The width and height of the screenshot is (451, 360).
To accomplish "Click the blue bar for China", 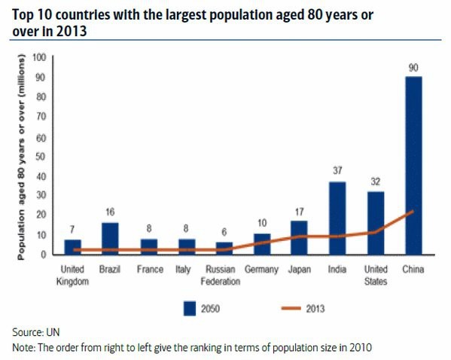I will (x=413, y=166).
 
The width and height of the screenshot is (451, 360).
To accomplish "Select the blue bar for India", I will (x=337, y=218).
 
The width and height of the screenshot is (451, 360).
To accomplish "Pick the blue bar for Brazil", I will (x=111, y=239).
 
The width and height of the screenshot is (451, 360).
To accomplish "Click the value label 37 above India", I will (x=337, y=171).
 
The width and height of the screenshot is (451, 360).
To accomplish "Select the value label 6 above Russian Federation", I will (x=224, y=233).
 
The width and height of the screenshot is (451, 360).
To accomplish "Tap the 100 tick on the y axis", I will (x=39, y=57).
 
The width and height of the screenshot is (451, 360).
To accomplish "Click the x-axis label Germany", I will (x=261, y=269).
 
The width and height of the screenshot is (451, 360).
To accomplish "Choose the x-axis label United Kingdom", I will (x=72, y=275).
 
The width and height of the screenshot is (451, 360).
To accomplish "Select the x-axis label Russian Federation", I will (x=223, y=275).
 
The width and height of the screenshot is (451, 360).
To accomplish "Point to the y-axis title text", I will (x=22, y=157).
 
